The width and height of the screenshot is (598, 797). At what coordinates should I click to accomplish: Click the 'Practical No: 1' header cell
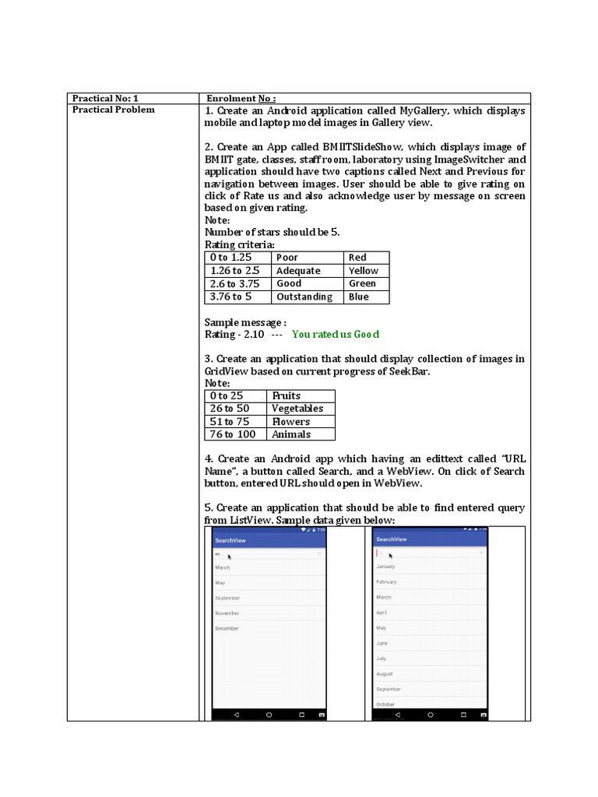[105, 98]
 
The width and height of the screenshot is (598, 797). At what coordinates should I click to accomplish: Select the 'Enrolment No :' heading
[241, 98]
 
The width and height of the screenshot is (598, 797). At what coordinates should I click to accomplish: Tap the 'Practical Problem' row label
[113, 110]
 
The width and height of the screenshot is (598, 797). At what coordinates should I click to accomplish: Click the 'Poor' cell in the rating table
[287, 258]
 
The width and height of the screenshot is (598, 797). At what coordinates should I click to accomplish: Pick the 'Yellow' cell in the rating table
[364, 271]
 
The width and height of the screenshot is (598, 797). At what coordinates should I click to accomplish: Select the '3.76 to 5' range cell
[230, 297]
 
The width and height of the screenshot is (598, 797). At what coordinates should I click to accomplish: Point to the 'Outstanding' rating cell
[304, 297]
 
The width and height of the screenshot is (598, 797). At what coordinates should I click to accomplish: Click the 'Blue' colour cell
[359, 297]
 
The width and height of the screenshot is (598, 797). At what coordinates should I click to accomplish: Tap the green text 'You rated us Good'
[336, 334]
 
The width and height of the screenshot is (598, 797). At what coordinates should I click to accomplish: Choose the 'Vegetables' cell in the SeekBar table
[297, 409]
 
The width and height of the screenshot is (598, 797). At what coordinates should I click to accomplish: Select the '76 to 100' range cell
[232, 434]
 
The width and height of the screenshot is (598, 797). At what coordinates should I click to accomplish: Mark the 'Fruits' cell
[286, 395]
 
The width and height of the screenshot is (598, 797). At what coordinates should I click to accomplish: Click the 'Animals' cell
[290, 434]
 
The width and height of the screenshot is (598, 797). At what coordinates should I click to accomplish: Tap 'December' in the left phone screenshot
[227, 628]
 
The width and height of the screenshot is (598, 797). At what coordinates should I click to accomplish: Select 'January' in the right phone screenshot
[385, 567]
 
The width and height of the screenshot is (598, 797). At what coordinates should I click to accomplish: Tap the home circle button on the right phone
[430, 714]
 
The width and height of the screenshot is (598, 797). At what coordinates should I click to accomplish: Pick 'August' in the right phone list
[385, 674]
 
